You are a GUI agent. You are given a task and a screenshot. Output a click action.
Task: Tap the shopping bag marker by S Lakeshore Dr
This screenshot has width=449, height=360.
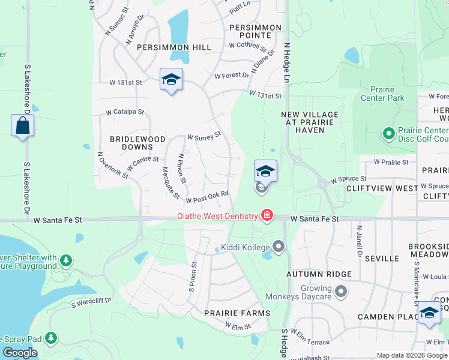[x=22, y=125]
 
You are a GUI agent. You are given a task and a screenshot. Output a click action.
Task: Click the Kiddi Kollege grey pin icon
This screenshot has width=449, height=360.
[x=278, y=246]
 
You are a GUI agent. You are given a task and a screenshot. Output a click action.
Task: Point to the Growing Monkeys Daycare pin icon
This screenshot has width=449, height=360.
[x=341, y=292]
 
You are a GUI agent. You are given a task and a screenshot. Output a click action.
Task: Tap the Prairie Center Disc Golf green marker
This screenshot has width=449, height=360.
[x=388, y=133]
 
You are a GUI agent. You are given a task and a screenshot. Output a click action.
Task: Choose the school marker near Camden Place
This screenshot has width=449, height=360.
[x=429, y=313]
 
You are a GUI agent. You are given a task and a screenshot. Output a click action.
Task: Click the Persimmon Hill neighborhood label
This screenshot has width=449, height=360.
[x=173, y=47]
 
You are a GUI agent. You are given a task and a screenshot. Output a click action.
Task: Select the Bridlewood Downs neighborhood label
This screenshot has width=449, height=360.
[x=137, y=143]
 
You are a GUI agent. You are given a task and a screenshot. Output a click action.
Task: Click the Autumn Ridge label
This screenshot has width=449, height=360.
[x=310, y=274]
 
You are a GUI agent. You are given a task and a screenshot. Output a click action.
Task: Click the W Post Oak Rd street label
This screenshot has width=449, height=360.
[x=208, y=197]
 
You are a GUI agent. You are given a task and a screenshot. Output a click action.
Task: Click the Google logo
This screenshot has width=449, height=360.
[x=20, y=353]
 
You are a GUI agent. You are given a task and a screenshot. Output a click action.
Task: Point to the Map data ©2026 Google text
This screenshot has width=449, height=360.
[x=411, y=355]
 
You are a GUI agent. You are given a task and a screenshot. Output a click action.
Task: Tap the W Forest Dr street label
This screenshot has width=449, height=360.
[x=232, y=76]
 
